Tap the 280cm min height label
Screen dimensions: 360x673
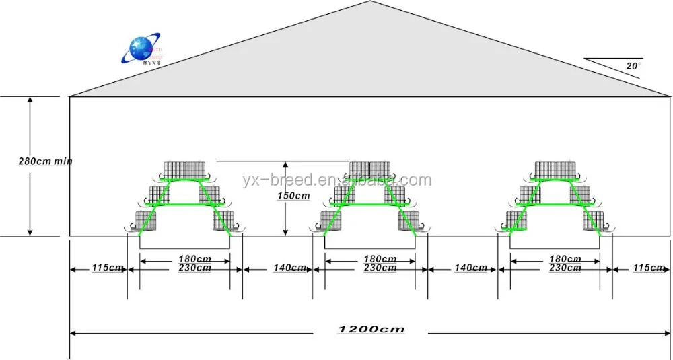[x=45, y=161]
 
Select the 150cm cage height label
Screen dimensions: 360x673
[x=294, y=196]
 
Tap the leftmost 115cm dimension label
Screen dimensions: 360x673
[x=107, y=268]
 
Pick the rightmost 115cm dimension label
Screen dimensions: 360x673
[x=649, y=268]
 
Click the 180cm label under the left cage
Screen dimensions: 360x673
[x=194, y=259]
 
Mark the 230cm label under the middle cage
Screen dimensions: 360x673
[x=380, y=268]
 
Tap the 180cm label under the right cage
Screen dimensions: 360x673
[x=565, y=259]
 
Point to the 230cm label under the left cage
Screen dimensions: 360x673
[x=194, y=268]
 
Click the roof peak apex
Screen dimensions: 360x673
[x=371, y=2]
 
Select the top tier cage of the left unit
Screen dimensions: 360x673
[x=185, y=170]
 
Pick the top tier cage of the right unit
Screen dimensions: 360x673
[x=556, y=170]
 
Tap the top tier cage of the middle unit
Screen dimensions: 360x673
[x=370, y=170]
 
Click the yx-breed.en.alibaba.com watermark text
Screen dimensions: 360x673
[x=336, y=180]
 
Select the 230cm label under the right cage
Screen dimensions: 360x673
[x=565, y=268]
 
